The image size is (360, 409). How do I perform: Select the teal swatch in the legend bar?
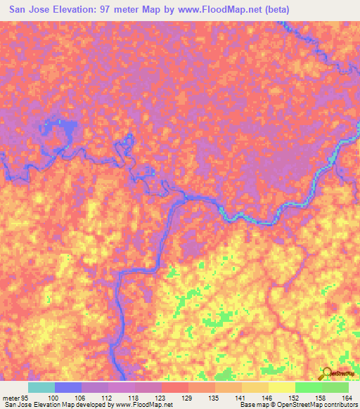click(x=41, y=387)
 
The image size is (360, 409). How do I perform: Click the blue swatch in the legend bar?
click(x=68, y=387)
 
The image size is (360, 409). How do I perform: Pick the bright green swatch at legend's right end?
click(x=335, y=387)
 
